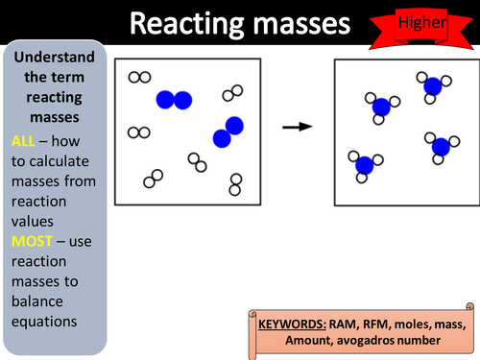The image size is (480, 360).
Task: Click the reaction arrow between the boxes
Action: [x=298, y=126]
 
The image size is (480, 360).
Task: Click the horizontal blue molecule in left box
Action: [x=174, y=99]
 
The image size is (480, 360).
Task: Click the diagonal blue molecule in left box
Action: [x=228, y=132]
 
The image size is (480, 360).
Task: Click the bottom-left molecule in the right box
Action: [x=363, y=165]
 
